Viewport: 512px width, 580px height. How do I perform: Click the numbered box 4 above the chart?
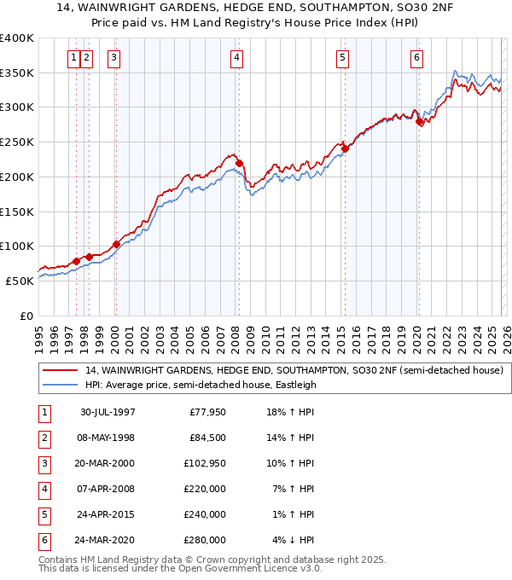click(x=236, y=58)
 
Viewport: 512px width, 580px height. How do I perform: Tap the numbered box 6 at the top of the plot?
click(x=416, y=58)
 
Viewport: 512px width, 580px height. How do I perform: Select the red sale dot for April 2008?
click(x=239, y=163)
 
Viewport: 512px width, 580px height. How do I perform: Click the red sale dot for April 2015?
click(x=345, y=148)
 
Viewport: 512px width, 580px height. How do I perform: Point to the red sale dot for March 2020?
click(x=419, y=122)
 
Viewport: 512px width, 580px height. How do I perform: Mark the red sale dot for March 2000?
click(x=116, y=244)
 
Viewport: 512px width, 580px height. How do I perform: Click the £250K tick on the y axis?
click(x=17, y=142)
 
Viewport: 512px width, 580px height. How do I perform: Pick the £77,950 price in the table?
click(x=207, y=412)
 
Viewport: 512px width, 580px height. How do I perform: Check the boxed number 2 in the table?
click(x=44, y=438)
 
